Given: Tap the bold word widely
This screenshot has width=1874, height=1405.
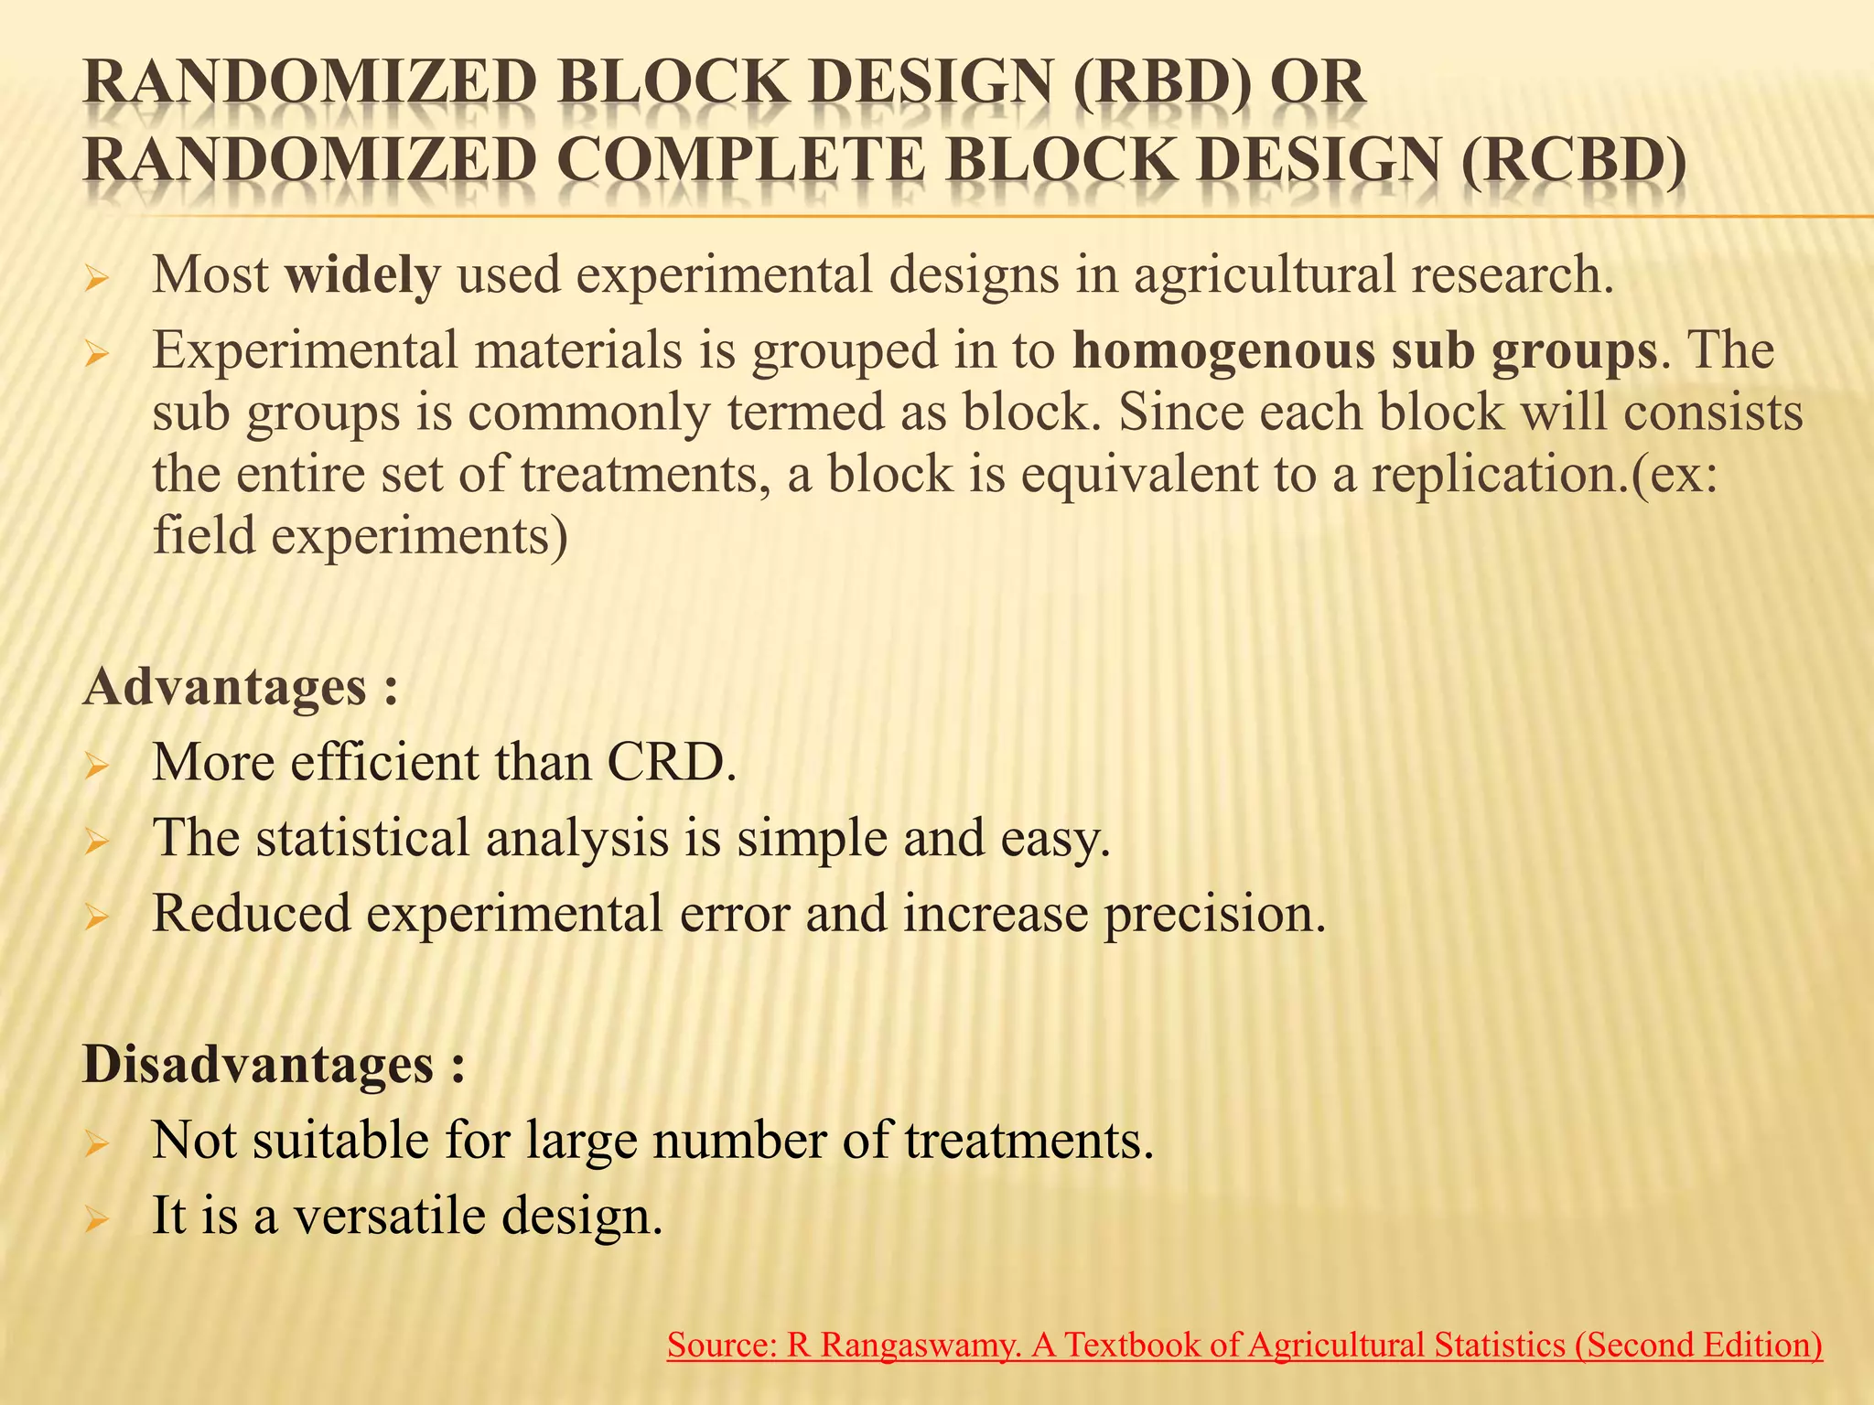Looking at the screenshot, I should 362,274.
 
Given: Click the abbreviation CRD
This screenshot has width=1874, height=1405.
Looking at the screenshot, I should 671,762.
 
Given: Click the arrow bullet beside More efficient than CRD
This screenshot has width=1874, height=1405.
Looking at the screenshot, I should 96,765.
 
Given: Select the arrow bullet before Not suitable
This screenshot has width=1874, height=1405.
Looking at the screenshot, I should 96,1143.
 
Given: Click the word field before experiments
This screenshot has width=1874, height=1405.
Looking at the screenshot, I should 203,536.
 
